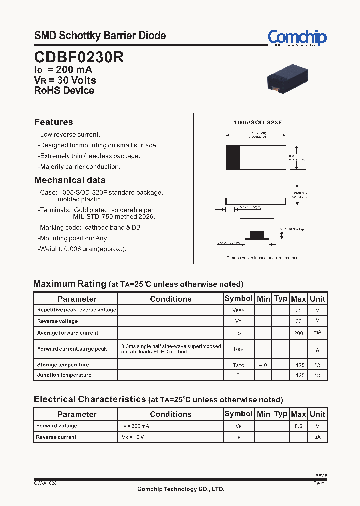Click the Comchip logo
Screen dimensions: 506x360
point(297,38)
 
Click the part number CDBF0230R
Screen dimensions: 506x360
point(79,57)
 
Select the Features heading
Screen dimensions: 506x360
point(54,122)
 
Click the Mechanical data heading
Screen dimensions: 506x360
point(70,180)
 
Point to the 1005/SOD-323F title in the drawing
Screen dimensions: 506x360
point(258,122)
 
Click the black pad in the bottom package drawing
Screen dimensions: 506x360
point(256,235)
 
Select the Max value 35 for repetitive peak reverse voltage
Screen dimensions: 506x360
point(298,310)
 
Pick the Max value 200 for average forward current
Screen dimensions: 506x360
point(298,333)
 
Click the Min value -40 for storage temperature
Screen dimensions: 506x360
point(263,365)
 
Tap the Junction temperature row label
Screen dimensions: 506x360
point(64,375)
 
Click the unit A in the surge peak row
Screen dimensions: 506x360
point(317,350)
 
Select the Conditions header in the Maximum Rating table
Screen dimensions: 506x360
point(170,299)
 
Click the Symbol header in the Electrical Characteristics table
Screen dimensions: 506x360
point(238,414)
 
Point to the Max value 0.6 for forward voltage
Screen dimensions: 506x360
point(298,426)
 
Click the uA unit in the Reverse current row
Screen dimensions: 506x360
point(317,437)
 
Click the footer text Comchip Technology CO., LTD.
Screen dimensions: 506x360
point(181,489)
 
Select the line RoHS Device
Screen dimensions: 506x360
point(64,91)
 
